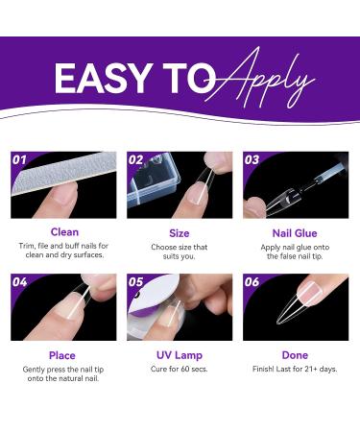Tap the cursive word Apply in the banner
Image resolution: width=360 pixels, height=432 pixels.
(260, 79)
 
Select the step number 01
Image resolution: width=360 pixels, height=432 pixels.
(19, 159)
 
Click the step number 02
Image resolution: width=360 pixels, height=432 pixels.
(135, 159)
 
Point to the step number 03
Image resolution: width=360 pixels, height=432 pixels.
(252, 159)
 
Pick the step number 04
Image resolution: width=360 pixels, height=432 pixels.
(19, 282)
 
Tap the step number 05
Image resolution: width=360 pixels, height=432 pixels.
(135, 282)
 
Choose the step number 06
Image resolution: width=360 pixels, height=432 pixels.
(252, 282)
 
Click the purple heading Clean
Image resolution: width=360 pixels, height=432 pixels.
(64, 232)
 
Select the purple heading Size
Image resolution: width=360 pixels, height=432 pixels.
(180, 233)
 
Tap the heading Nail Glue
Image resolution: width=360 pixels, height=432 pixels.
(295, 233)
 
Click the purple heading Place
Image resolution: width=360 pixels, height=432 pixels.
(62, 355)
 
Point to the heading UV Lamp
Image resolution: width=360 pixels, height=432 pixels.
(180, 355)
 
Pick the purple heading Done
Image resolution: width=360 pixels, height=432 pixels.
(295, 355)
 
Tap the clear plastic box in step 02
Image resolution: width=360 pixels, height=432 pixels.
(153, 181)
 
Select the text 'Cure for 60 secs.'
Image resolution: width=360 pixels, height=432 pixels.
(180, 369)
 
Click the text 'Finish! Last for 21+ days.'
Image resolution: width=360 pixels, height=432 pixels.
(295, 369)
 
